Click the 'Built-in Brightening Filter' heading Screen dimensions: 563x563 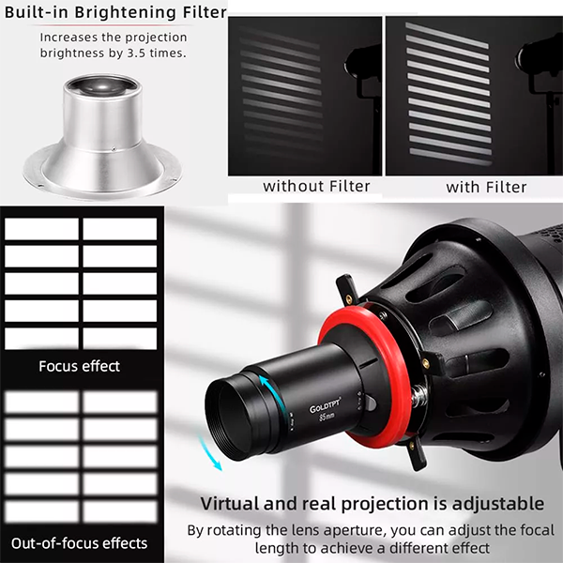(114, 13)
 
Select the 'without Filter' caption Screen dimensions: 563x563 (303, 186)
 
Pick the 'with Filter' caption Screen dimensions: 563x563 (486, 187)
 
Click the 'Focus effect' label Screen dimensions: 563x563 (79, 365)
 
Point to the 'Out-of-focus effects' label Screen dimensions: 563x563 (79, 542)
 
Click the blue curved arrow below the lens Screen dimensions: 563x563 (216, 459)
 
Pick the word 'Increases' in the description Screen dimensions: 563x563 (70, 38)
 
